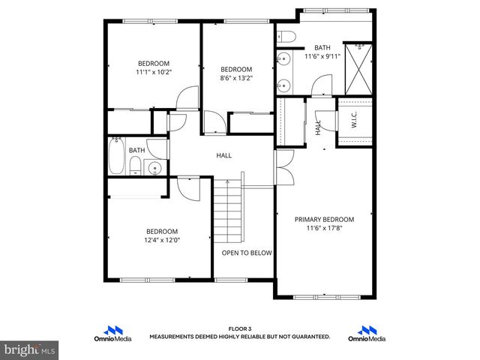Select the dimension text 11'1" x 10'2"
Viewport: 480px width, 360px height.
pyautogui.click(x=153, y=73)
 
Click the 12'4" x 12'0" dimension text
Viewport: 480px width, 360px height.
pyautogui.click(x=162, y=241)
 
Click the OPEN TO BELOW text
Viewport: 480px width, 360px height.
pyautogui.click(x=246, y=253)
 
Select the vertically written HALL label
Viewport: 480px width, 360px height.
pyautogui.click(x=319, y=127)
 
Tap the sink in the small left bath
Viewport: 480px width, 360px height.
pyautogui.click(x=154, y=167)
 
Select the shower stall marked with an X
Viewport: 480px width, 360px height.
pyautogui.click(x=358, y=68)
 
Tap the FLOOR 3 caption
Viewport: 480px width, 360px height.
pyautogui.click(x=239, y=328)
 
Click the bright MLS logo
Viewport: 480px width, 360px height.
pyautogui.click(x=29, y=350)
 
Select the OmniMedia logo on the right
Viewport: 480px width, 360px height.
pyautogui.click(x=367, y=334)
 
